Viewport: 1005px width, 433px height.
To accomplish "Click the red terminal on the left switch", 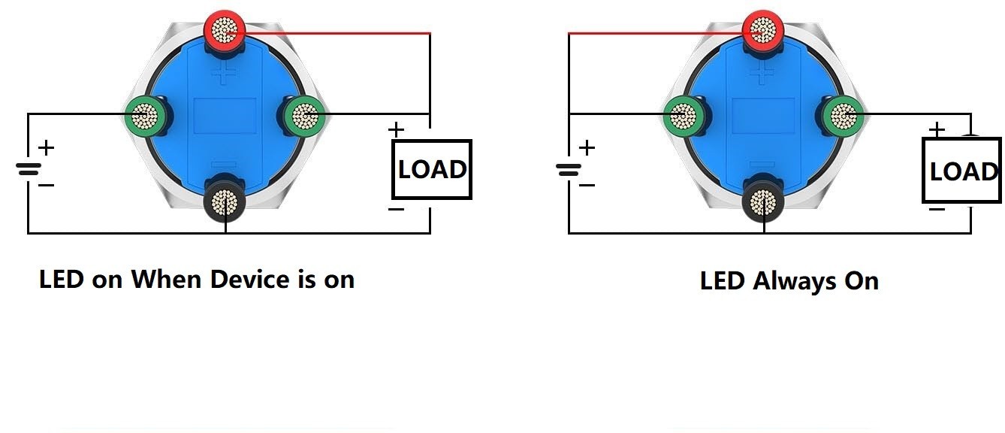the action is click(x=225, y=31).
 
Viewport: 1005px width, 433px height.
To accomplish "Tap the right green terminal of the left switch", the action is click(x=305, y=116).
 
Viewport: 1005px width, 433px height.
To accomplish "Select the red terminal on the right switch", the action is click(x=762, y=31).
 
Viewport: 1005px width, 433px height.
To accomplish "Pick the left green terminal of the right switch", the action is click(x=683, y=116).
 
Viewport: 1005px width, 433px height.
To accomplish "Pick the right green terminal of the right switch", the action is click(x=843, y=116).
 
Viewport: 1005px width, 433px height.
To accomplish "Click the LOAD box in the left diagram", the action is click(x=432, y=169).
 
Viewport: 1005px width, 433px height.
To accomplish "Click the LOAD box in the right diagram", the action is click(x=961, y=171).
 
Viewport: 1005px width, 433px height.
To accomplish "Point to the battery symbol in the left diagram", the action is click(x=29, y=170).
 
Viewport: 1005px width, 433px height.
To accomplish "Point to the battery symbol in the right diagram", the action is click(x=569, y=170).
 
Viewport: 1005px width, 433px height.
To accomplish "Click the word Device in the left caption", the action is click(x=249, y=280).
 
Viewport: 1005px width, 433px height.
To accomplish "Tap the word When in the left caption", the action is click(x=166, y=280).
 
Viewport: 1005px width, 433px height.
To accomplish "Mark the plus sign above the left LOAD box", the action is click(x=396, y=130).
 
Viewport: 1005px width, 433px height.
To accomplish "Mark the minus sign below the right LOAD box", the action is click(x=937, y=209).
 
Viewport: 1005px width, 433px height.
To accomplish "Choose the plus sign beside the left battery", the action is click(x=46, y=147).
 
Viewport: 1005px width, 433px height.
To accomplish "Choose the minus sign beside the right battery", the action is click(x=587, y=185).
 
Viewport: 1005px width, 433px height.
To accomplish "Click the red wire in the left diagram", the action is click(x=327, y=33).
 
